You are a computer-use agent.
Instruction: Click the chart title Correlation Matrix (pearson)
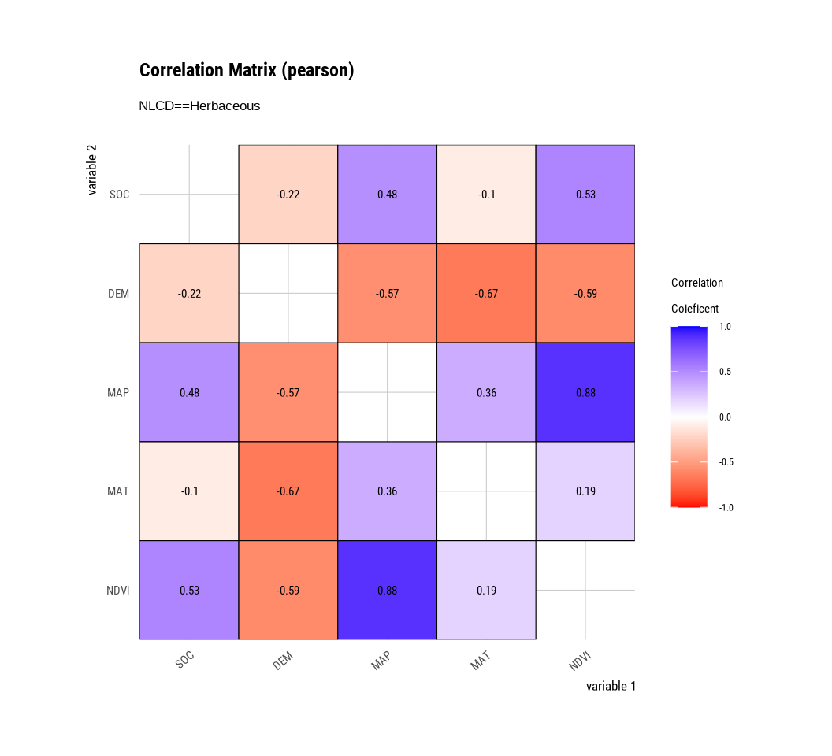247,70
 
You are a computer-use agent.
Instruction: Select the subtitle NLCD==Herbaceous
199,106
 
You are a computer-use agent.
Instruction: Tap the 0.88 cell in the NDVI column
585,392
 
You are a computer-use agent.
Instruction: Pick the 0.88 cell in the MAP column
387,590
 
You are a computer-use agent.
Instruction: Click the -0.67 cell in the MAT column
486,294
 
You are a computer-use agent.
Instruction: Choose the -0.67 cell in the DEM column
288,491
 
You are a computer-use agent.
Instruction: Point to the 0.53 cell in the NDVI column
585,195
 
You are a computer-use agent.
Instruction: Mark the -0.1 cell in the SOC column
189,491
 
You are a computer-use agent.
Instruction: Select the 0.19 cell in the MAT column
486,590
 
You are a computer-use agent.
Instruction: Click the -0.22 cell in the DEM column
288,195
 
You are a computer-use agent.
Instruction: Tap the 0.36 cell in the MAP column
387,491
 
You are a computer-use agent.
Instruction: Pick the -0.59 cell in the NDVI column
585,294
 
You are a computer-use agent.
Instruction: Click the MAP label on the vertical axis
118,392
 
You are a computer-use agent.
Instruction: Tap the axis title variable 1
611,686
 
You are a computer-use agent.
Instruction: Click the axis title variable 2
92,169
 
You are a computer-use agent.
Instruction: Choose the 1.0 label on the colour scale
726,327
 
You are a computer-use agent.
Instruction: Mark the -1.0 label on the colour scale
726,508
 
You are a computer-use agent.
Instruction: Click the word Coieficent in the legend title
695,309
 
